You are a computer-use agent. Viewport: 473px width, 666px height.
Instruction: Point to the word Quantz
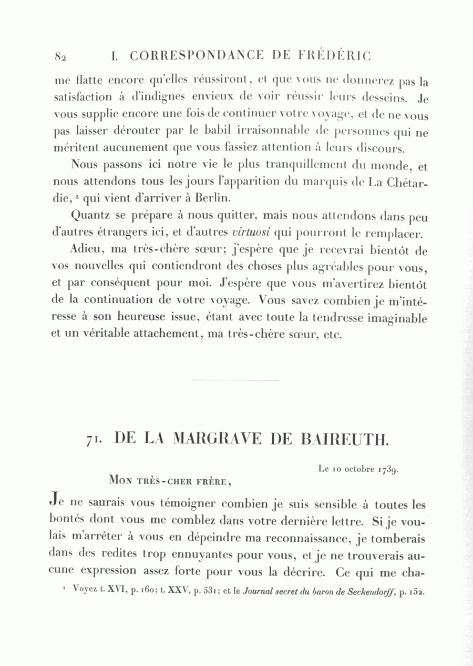(88, 216)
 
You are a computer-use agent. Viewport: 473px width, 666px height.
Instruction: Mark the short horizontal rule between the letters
(236, 380)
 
